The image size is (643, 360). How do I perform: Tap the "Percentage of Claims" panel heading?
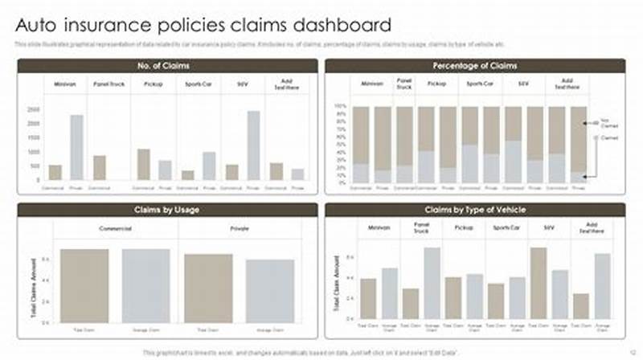(x=474, y=66)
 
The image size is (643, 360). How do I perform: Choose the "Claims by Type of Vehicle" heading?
(x=474, y=210)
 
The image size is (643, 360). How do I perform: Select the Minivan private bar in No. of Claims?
(x=76, y=148)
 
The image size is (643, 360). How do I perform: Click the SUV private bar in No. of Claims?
(x=253, y=145)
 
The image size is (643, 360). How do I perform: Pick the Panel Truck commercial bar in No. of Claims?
(x=99, y=167)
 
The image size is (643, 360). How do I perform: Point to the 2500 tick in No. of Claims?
(x=33, y=108)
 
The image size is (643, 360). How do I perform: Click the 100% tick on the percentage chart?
(x=339, y=106)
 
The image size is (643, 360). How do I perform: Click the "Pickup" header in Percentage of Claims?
(x=436, y=84)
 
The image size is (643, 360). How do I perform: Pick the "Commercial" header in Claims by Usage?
(x=115, y=228)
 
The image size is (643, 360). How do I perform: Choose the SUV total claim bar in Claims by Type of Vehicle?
(x=539, y=283)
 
